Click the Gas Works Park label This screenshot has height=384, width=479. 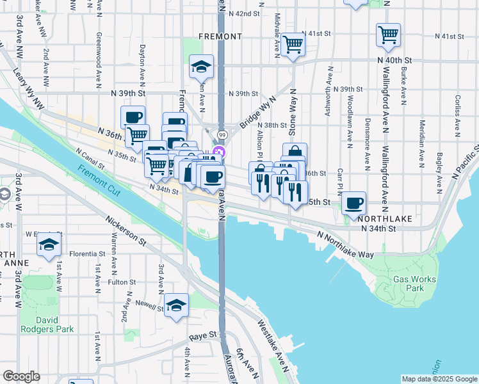click(x=414, y=284)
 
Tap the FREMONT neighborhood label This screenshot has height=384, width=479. click(x=220, y=36)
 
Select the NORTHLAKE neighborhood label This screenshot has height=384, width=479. click(x=386, y=218)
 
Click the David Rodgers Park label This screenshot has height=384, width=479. click(x=47, y=324)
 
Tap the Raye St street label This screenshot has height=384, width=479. click(x=204, y=335)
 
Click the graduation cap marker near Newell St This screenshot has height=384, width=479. click(x=177, y=305)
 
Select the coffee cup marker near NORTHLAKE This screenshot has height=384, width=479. click(x=353, y=204)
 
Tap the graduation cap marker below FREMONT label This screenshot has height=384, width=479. click(x=201, y=66)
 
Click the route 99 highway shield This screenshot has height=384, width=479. click(x=221, y=135)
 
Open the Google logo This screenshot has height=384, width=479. click(x=21, y=376)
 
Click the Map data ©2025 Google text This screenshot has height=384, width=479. click(x=439, y=379)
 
